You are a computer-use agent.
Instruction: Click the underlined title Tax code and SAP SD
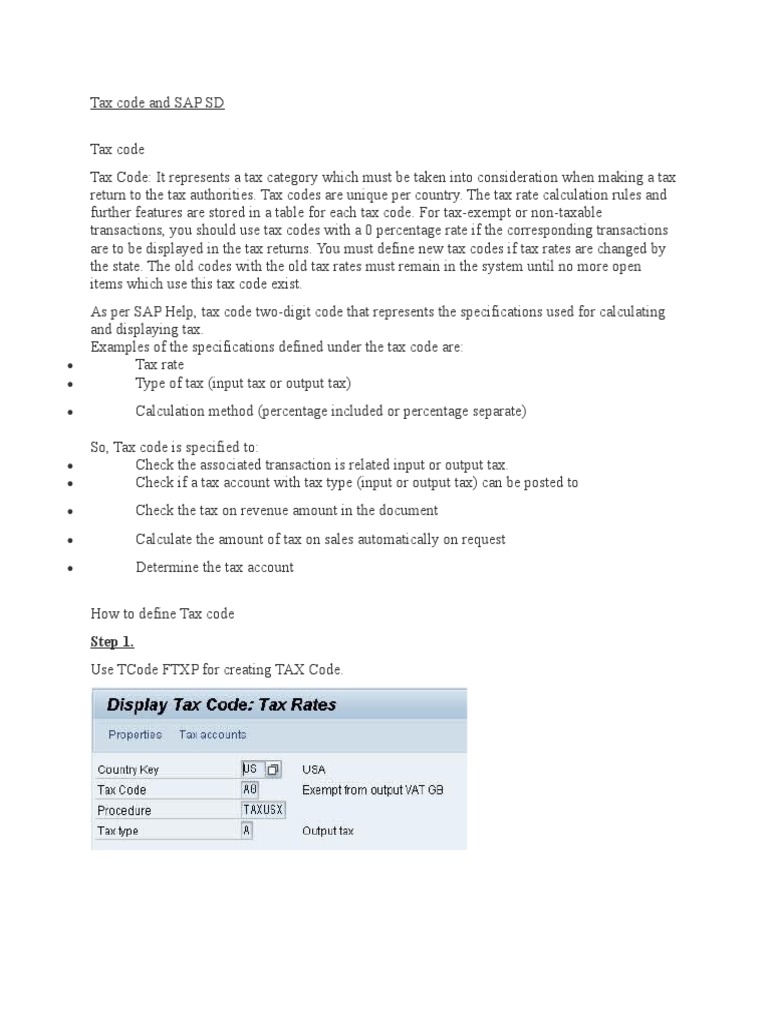click(x=157, y=103)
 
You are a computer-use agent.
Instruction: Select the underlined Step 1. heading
click(x=112, y=641)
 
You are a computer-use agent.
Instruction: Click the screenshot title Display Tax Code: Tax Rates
click(x=221, y=705)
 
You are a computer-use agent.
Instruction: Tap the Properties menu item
click(x=135, y=735)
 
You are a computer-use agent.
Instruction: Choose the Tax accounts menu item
click(x=212, y=735)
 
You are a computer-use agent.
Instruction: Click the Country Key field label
click(x=128, y=770)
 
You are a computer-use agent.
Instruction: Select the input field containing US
click(x=251, y=769)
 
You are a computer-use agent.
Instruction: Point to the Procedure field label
click(x=124, y=810)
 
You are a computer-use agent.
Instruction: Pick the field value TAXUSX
click(x=263, y=810)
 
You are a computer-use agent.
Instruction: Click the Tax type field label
click(x=118, y=831)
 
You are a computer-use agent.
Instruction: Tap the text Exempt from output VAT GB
click(x=372, y=790)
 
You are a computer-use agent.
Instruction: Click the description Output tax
click(x=327, y=831)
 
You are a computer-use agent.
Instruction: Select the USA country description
click(x=314, y=770)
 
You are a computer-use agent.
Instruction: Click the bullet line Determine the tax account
click(x=214, y=567)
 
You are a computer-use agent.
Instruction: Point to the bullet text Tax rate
click(x=160, y=365)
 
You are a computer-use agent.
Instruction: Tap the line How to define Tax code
click(x=163, y=613)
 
